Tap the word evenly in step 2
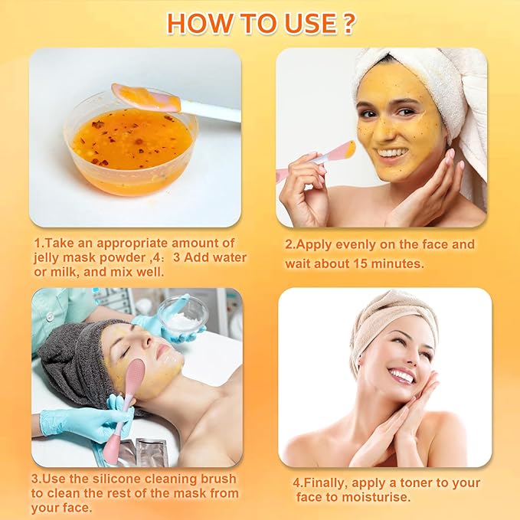(355, 244)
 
